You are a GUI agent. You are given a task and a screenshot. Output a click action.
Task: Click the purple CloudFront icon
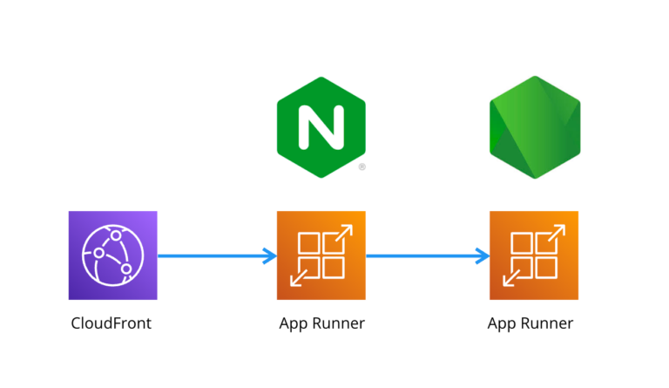point(112,255)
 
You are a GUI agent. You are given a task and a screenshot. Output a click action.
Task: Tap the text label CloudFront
point(111,323)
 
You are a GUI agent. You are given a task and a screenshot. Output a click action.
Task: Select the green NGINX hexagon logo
point(321,127)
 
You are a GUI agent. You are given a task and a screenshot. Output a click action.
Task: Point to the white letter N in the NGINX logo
point(321,127)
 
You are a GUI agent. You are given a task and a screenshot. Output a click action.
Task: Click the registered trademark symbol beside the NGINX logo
point(362,166)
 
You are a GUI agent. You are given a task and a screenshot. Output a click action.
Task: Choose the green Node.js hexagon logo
point(534,127)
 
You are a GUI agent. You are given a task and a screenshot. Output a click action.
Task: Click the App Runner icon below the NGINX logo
point(321,255)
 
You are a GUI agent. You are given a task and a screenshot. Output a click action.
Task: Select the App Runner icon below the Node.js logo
point(533,255)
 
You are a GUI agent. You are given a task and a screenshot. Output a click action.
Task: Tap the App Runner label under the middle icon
point(321,323)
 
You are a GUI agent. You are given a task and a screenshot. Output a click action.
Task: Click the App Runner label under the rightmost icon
point(530,323)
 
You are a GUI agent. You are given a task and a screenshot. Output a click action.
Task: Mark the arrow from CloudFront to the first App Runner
point(213,255)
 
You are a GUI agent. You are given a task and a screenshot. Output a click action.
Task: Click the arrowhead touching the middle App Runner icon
point(269,255)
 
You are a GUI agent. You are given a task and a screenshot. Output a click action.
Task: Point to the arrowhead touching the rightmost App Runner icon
point(482,255)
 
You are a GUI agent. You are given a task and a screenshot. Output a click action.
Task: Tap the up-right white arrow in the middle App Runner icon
point(342,234)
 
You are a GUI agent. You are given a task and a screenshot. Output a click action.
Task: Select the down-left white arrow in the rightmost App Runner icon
point(512,278)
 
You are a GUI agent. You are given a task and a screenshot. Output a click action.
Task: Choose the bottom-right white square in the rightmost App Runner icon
point(545,267)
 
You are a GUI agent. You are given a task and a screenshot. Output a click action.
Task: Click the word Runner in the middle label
point(337,323)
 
